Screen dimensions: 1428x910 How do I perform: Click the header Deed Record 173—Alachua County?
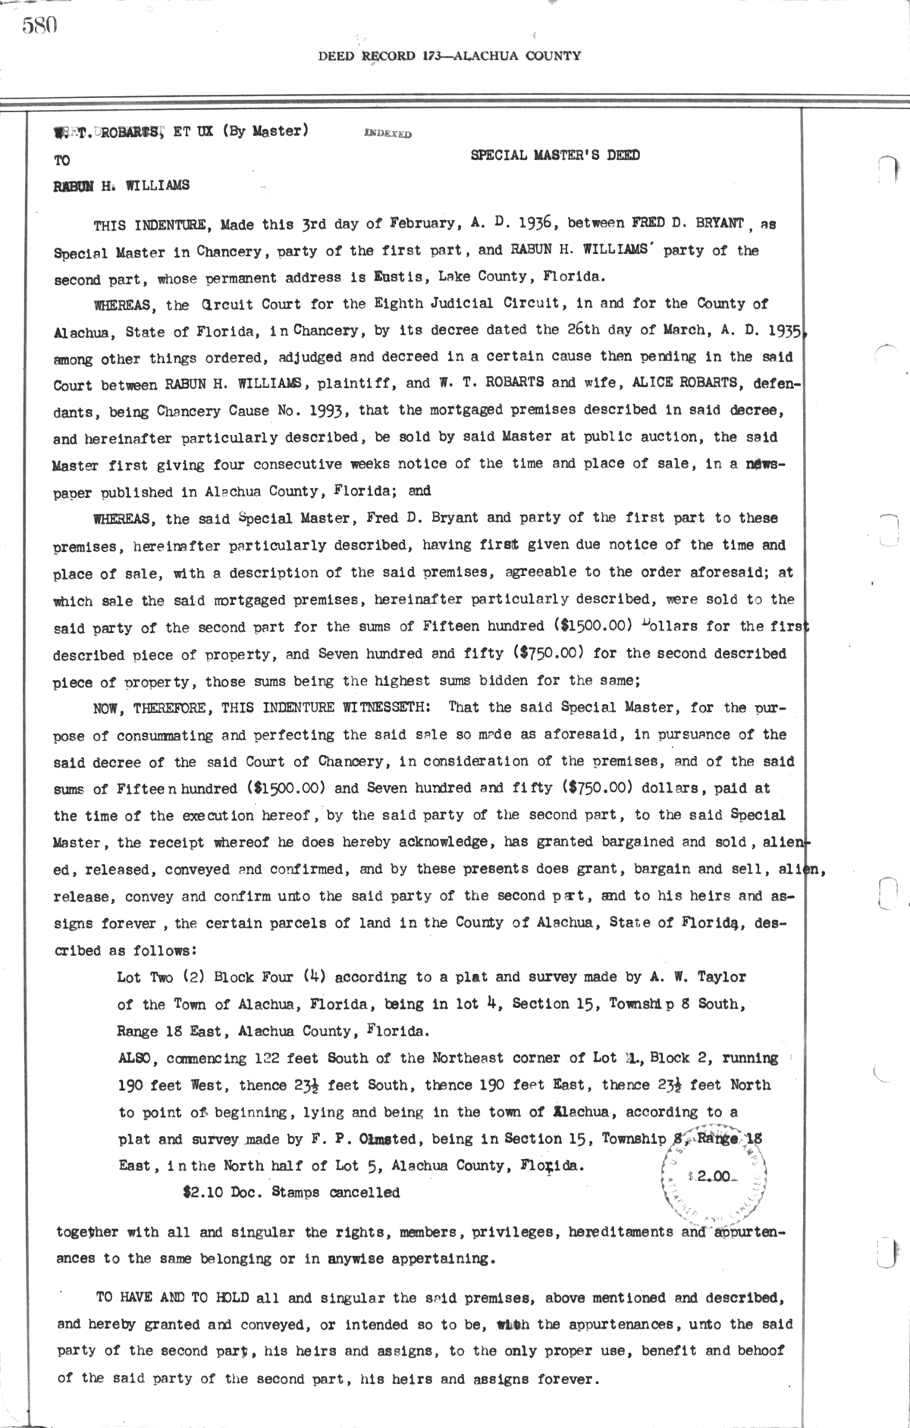point(449,55)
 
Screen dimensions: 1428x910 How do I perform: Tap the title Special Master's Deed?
point(554,155)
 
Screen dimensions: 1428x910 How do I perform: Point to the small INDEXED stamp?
point(388,133)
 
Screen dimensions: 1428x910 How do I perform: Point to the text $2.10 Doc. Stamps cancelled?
point(291,1192)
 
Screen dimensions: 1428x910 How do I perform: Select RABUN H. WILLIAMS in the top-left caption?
point(121,184)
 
